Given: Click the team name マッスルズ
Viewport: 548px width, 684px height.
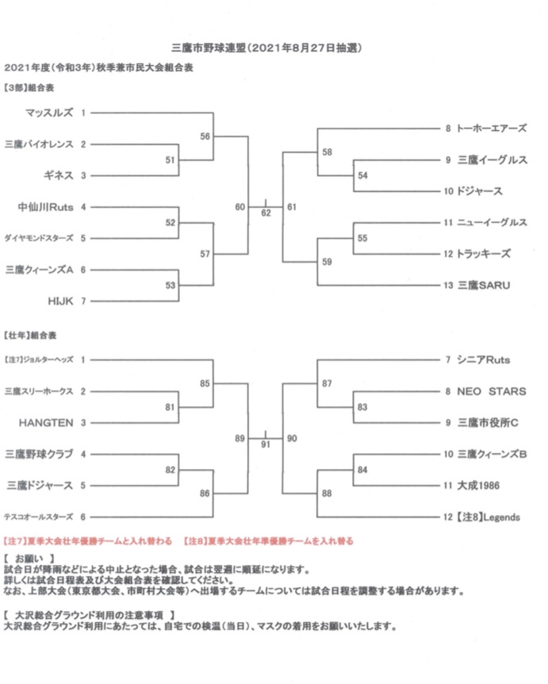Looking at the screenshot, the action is (49, 113).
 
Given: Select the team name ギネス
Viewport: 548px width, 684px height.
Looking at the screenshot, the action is (59, 175).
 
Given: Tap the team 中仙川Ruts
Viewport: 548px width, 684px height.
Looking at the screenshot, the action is (45, 207).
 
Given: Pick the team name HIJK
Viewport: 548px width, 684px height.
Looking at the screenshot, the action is (60, 301).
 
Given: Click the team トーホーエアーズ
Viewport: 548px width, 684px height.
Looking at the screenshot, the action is (492, 129).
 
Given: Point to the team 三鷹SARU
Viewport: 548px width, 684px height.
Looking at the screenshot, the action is (484, 286).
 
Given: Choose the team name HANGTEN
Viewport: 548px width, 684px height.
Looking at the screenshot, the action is (46, 423).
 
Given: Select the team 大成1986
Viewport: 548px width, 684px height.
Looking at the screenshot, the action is (478, 486).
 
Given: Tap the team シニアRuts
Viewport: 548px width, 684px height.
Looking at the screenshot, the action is (484, 360).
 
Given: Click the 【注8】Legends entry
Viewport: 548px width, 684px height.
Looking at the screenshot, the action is (489, 517).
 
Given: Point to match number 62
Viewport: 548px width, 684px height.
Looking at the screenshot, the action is (266, 213).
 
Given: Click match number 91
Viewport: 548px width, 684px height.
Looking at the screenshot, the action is (266, 444).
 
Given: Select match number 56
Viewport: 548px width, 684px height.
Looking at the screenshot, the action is (205, 136).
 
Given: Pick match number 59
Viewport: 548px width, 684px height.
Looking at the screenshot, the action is (327, 262).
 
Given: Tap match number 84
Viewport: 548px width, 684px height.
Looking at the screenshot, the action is (362, 470).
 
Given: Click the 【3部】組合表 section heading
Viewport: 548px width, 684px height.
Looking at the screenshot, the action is (29, 87).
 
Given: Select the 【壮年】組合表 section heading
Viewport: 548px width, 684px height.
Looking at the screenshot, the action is (30, 335).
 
